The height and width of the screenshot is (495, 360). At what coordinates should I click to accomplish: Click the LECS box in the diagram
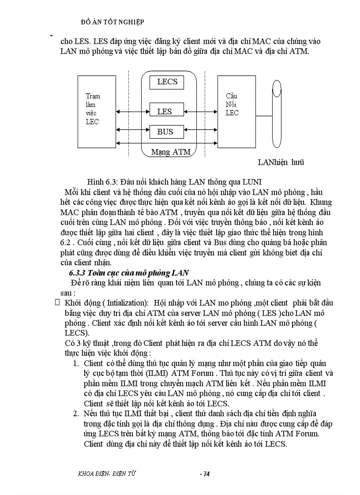coord(167,82)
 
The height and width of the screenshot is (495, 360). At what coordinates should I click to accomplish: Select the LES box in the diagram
coord(165,112)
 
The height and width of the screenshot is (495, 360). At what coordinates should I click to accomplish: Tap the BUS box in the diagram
coord(165,131)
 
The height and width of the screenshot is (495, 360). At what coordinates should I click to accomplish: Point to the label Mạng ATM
coord(171,152)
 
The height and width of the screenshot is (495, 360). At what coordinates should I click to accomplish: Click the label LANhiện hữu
coord(281,162)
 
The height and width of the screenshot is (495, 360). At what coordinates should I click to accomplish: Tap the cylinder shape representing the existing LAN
coord(277,113)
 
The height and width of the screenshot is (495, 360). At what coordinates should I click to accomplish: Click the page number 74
coord(204,474)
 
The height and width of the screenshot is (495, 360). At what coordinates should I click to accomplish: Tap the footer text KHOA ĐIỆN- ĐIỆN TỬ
coord(106,473)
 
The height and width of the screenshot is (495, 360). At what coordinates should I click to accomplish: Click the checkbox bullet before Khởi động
coord(56,302)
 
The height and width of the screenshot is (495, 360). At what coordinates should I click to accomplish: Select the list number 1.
coord(75,363)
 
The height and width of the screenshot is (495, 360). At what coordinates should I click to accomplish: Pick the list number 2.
coord(75,413)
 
